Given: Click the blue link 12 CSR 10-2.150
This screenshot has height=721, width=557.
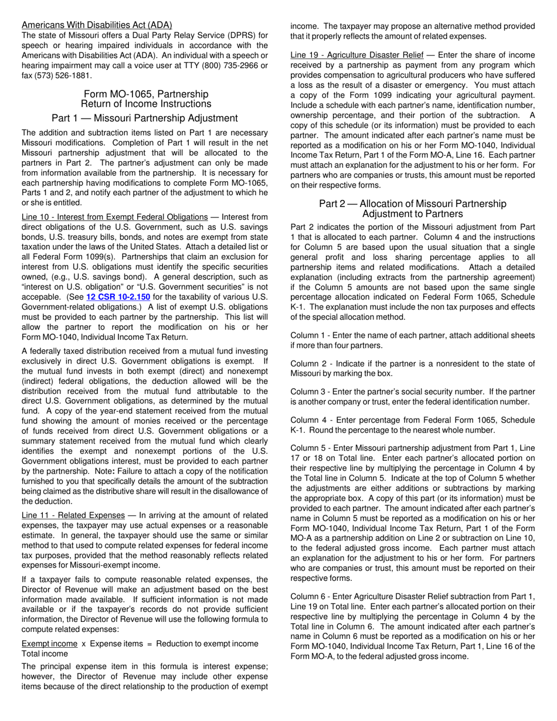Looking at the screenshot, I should coord(118,297).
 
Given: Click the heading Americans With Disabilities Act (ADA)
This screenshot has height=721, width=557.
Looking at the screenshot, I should coord(97,25).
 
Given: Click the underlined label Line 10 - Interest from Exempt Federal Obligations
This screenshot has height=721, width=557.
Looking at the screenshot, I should coord(114,217).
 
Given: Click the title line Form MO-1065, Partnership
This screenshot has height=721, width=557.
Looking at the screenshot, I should coord(146,94).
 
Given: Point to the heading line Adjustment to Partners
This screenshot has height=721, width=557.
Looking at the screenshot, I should coord(412,214).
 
